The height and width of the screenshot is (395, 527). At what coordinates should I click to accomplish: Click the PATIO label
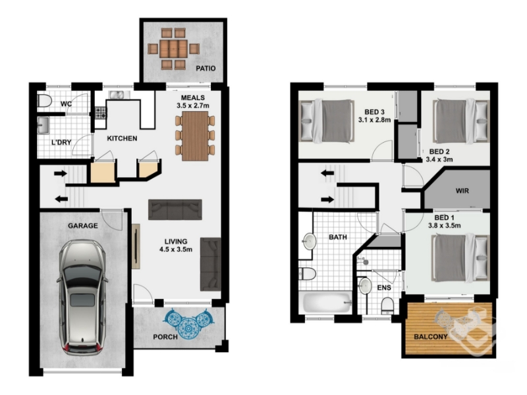pos(206,68)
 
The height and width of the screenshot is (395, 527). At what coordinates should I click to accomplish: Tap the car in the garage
pos(82,298)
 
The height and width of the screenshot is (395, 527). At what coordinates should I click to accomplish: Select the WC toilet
pos(44,101)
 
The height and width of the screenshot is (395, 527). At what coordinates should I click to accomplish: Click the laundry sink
pos(43,125)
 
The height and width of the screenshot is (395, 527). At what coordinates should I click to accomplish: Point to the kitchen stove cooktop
pos(101,112)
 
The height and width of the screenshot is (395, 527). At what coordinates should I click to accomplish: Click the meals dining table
pos(195,136)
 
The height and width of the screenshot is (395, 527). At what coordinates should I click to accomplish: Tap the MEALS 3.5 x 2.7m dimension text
pos(193,101)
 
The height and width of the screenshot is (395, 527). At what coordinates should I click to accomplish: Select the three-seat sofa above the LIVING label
pos(175,209)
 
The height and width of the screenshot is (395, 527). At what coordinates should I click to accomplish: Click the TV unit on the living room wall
pos(136,246)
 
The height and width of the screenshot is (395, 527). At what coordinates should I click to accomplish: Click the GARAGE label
pos(83,226)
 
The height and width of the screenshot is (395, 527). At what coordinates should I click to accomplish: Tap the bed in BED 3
pos(327,121)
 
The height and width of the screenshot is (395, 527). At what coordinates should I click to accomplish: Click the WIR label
pos(462,191)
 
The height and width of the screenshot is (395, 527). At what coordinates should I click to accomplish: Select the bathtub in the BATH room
pos(327,302)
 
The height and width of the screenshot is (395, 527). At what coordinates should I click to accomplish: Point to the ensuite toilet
pos(387,305)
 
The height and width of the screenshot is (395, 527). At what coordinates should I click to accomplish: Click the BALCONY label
pos(431,336)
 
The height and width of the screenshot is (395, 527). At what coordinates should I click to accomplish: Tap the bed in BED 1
pos(460,258)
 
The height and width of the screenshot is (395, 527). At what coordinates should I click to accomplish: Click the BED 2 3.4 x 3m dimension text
pos(439,155)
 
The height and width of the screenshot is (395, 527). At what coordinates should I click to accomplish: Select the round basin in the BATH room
pos(309,242)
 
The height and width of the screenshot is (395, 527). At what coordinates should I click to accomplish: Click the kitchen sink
pos(119,95)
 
